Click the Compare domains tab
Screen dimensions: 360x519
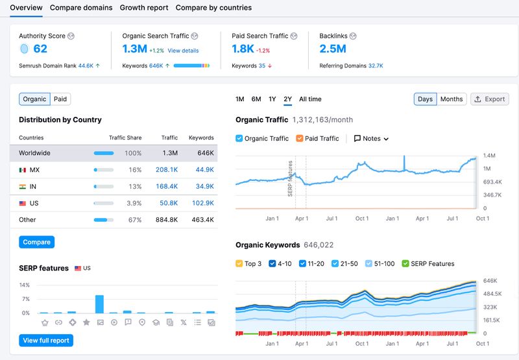[81, 8]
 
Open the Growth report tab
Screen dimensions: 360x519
[144, 8]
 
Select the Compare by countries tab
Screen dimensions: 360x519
[213, 8]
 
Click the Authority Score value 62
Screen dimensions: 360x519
[40, 49]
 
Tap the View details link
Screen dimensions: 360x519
[183, 51]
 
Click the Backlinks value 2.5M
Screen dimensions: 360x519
[333, 49]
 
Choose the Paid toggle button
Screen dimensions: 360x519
[60, 99]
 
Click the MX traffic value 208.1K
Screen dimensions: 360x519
[167, 170]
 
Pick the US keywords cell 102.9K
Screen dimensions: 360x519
[202, 204]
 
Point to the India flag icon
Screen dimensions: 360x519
[23, 187]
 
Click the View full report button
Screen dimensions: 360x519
[45, 341]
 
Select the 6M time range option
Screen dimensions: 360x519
[256, 99]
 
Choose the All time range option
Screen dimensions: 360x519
[310, 99]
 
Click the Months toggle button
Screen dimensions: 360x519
[451, 99]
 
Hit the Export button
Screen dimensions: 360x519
[489, 99]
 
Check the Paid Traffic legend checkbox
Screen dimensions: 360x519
[300, 139]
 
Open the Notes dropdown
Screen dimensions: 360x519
[371, 139]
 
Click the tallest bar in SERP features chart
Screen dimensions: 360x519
[99, 304]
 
